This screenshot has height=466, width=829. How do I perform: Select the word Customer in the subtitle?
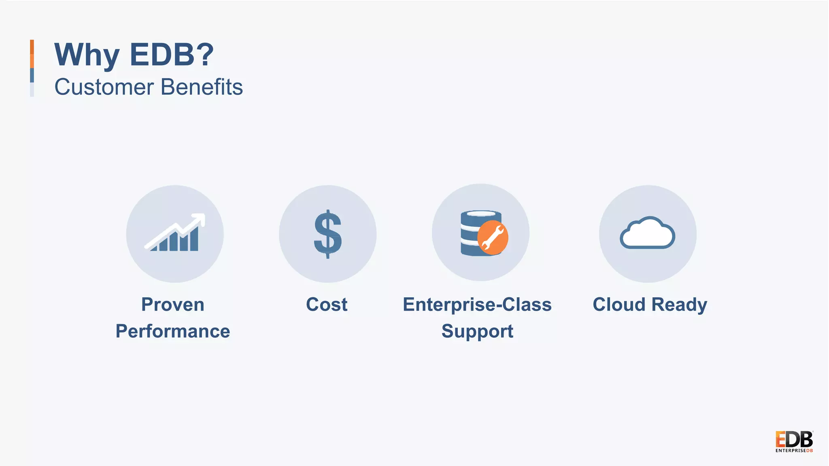coord(104,87)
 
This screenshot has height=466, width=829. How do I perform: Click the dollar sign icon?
coord(328,234)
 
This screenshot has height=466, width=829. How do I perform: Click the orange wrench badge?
coord(493,237)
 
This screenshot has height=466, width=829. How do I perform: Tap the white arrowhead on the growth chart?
coord(200,219)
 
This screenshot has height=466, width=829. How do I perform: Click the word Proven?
coord(173,305)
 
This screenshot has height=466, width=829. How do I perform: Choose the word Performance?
coord(173,331)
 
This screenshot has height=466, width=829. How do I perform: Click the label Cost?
coord(327,305)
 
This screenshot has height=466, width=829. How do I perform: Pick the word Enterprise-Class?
coord(477,305)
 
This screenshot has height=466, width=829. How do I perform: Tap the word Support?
coord(477,331)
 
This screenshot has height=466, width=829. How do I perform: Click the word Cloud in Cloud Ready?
coord(619,305)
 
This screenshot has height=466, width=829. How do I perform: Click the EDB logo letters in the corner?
coord(794,439)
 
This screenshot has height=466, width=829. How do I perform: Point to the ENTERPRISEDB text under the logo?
coord(794,451)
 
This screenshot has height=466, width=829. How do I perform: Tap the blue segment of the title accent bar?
coord(32,75)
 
